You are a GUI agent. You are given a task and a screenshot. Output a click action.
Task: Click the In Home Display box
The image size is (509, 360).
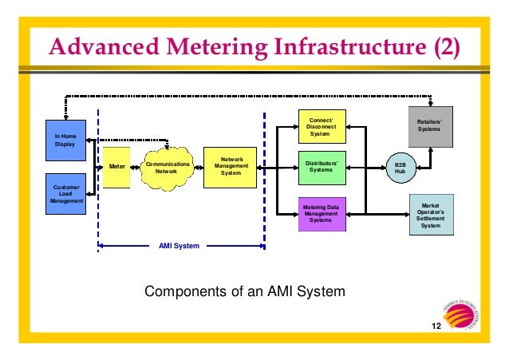(x=65, y=140)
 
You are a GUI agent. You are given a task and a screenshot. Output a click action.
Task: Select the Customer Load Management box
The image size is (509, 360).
(x=66, y=194)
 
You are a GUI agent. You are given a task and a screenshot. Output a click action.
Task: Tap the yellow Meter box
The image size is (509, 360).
(x=116, y=167)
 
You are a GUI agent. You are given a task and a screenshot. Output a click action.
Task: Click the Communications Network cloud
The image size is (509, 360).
(x=168, y=167)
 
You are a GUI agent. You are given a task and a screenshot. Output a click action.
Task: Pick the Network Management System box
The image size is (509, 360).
(x=231, y=166)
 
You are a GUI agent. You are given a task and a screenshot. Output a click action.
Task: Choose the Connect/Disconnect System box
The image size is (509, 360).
(x=322, y=127)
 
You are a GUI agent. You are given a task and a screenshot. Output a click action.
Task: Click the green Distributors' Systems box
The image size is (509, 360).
(x=322, y=166)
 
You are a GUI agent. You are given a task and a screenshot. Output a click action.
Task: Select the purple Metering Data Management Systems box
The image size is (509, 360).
(x=322, y=213)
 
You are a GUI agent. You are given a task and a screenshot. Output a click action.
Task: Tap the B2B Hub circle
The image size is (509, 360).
(x=400, y=166)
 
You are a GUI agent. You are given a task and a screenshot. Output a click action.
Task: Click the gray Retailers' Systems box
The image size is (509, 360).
(x=431, y=125)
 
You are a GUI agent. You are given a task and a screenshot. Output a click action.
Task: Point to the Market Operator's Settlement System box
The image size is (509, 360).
(x=431, y=214)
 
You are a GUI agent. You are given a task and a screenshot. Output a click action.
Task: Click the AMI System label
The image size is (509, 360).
(x=180, y=247)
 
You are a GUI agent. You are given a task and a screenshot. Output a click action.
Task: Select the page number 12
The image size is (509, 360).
(x=436, y=328)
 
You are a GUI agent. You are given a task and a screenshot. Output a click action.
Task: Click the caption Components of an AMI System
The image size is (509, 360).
(x=244, y=291)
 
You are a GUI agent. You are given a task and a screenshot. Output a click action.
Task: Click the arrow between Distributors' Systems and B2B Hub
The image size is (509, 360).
(x=366, y=167)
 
